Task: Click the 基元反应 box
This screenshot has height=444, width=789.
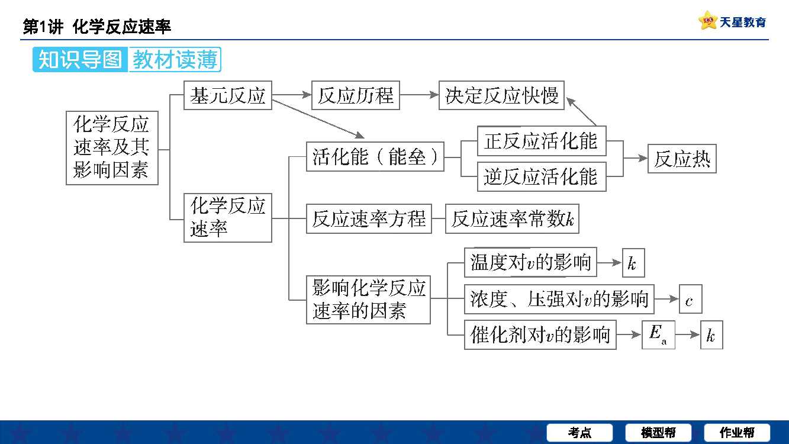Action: pyautogui.click(x=228, y=95)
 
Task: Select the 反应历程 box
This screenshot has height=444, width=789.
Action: pyautogui.click(x=355, y=95)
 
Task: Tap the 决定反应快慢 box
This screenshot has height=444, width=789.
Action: pyautogui.click(x=501, y=95)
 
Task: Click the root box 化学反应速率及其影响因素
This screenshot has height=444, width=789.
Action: pyautogui.click(x=112, y=147)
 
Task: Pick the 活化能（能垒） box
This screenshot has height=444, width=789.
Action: pyautogui.click(x=375, y=157)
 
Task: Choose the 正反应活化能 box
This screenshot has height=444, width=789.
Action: pyautogui.click(x=541, y=141)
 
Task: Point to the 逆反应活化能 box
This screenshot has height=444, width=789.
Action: pyautogui.click(x=541, y=176)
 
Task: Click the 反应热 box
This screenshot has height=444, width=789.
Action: pyautogui.click(x=682, y=159)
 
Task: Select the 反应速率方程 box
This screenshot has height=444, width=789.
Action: pyautogui.click(x=369, y=219)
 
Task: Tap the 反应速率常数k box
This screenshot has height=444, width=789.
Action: pyautogui.click(x=512, y=219)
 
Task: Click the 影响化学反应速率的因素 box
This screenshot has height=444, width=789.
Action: pyautogui.click(x=368, y=300)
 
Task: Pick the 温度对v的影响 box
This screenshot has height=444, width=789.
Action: pyautogui.click(x=530, y=262)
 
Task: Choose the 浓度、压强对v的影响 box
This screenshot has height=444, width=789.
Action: pyautogui.click(x=559, y=299)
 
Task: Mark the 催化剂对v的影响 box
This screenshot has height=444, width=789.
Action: pyautogui.click(x=540, y=335)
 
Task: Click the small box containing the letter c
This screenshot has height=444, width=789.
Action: pyautogui.click(x=690, y=300)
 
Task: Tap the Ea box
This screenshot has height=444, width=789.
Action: pyautogui.click(x=658, y=335)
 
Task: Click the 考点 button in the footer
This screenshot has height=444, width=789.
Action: pyautogui.click(x=579, y=433)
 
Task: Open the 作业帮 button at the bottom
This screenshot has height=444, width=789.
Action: pyautogui.click(x=737, y=433)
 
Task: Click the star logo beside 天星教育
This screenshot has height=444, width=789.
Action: pyautogui.click(x=707, y=21)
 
